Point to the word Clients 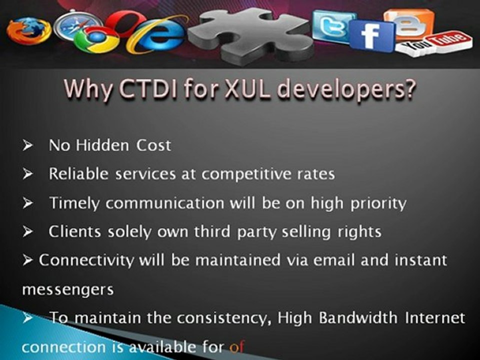pyautogui.click(x=75, y=231)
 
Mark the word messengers pyautogui.click(x=67, y=290)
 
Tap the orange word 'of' pyautogui.click(x=237, y=346)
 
